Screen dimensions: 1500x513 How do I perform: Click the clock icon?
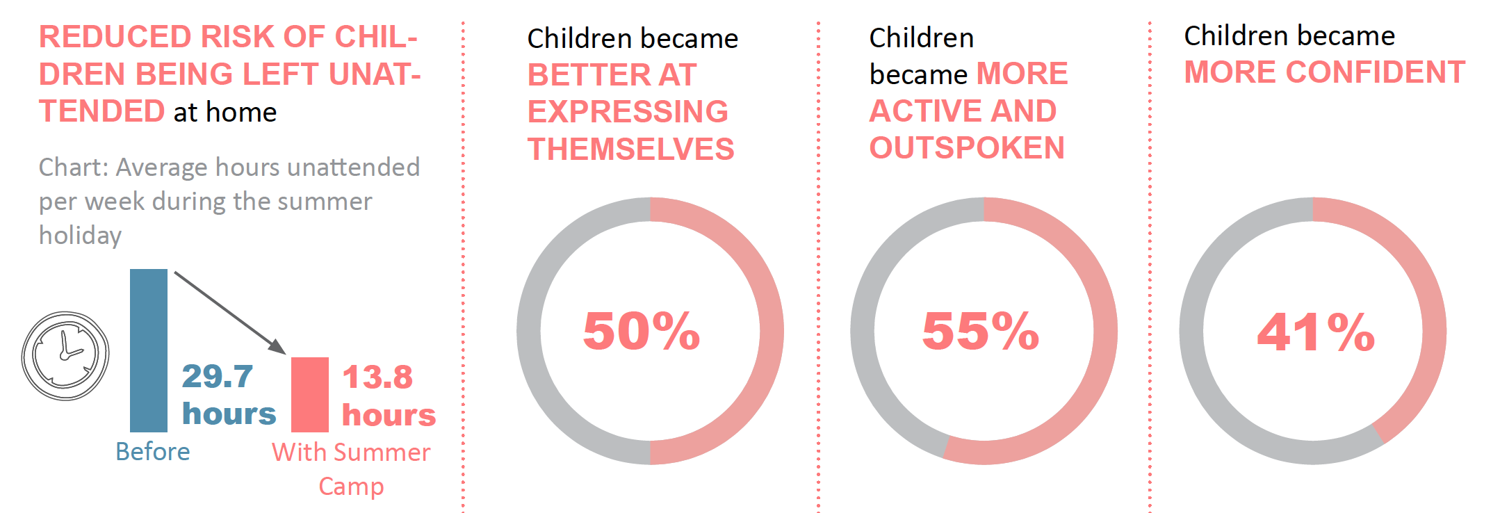pyautogui.click(x=65, y=356)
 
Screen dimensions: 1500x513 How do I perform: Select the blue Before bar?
pyautogui.click(x=149, y=350)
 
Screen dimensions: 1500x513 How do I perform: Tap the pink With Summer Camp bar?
pyautogui.click(x=310, y=395)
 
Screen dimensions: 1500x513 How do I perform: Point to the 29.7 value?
pyautogui.click(x=218, y=377)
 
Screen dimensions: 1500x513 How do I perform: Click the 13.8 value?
pyautogui.click(x=377, y=377)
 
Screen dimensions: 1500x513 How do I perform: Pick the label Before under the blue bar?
pyautogui.click(x=153, y=452)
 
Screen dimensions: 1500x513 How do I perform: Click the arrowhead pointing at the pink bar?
pyautogui.click(x=278, y=347)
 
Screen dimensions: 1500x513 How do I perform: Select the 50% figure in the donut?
pyautogui.click(x=642, y=331)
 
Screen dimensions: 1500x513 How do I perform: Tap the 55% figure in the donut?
pyautogui.click(x=981, y=331)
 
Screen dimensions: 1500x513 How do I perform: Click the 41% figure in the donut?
pyautogui.click(x=1316, y=332)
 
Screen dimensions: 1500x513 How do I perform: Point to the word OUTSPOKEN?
pyautogui.click(x=967, y=148)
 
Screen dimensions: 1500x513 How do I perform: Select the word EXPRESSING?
pyautogui.click(x=628, y=112)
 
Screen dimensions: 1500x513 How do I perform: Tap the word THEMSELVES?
pyautogui.click(x=630, y=149)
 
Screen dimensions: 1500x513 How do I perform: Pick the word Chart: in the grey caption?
pyautogui.click(x=73, y=168)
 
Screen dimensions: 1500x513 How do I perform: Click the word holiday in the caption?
pyautogui.click(x=80, y=236)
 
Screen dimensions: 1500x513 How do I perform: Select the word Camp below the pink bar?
pyautogui.click(x=351, y=487)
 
